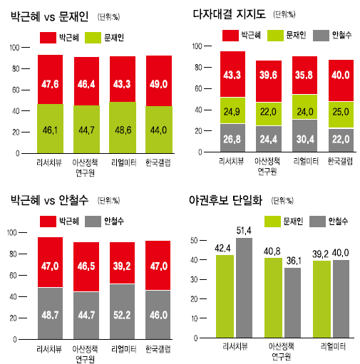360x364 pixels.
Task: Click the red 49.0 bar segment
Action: coord(159,80)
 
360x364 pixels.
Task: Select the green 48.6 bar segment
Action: coord(123,128)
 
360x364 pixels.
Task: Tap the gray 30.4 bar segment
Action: coord(304,135)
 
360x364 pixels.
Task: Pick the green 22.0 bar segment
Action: coord(269,114)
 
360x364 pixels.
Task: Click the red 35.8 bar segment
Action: coord(304,75)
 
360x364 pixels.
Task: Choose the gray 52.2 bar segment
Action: coord(122,311)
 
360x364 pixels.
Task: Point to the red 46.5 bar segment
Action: coord(86,266)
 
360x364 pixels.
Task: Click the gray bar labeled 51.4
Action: coord(244,288)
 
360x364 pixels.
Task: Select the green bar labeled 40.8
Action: coord(273,298)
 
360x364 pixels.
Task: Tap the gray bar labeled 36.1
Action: coord(292,303)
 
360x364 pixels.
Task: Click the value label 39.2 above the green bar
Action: coord(320,254)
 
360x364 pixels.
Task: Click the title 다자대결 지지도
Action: coord(229,14)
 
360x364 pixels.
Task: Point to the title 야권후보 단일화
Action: coord(226,200)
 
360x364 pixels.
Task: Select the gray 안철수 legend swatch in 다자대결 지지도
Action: coord(321,36)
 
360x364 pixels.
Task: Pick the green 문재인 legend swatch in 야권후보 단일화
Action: coord(272,222)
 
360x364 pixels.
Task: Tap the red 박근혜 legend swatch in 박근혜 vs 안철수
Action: coord(48,222)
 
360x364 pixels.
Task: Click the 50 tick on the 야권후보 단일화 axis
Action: coord(194,241)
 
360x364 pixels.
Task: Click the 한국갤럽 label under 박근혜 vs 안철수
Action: coord(158,349)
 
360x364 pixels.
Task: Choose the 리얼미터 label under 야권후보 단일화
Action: coord(333,346)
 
